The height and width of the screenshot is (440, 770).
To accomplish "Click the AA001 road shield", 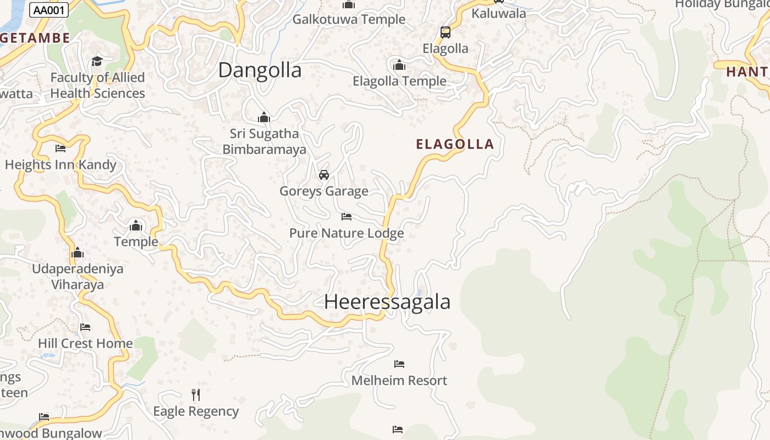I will pyautogui.click(x=50, y=10).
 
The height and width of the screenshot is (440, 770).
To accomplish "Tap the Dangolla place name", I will pyautogui.click(x=260, y=70).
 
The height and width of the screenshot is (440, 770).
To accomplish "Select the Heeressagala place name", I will pyautogui.click(x=387, y=301).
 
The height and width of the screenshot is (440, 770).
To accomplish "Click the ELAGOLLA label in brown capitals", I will pyautogui.click(x=455, y=144).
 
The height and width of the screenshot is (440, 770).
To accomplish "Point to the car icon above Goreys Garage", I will pyautogui.click(x=324, y=175).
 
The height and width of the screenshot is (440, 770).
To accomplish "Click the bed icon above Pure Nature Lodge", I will pyautogui.click(x=346, y=217).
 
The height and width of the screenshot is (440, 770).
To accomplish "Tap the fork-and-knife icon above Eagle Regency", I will pyautogui.click(x=196, y=394).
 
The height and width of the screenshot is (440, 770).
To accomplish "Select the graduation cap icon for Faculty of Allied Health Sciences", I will pyautogui.click(x=97, y=61).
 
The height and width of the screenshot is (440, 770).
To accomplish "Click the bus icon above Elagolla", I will pyautogui.click(x=446, y=32).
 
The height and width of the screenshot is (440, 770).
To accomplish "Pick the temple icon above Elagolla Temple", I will pyautogui.click(x=399, y=65).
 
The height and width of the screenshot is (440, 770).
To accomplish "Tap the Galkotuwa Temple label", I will pyautogui.click(x=349, y=20).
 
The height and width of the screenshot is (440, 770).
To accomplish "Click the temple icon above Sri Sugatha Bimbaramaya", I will pyautogui.click(x=264, y=117).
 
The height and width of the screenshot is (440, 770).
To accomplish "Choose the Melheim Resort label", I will pyautogui.click(x=399, y=380).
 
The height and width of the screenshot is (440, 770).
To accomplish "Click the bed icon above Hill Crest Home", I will pyautogui.click(x=85, y=327).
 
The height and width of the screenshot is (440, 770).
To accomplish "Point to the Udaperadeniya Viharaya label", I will pyautogui.click(x=78, y=277).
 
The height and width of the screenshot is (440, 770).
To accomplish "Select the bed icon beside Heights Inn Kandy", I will pyautogui.click(x=61, y=148).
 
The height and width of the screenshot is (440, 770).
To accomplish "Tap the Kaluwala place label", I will pyautogui.click(x=499, y=14).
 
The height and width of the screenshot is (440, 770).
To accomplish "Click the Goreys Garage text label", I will pyautogui.click(x=324, y=191).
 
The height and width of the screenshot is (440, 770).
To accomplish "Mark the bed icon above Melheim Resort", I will pyautogui.click(x=399, y=364).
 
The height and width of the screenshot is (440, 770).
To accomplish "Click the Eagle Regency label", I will pyautogui.click(x=196, y=411).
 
